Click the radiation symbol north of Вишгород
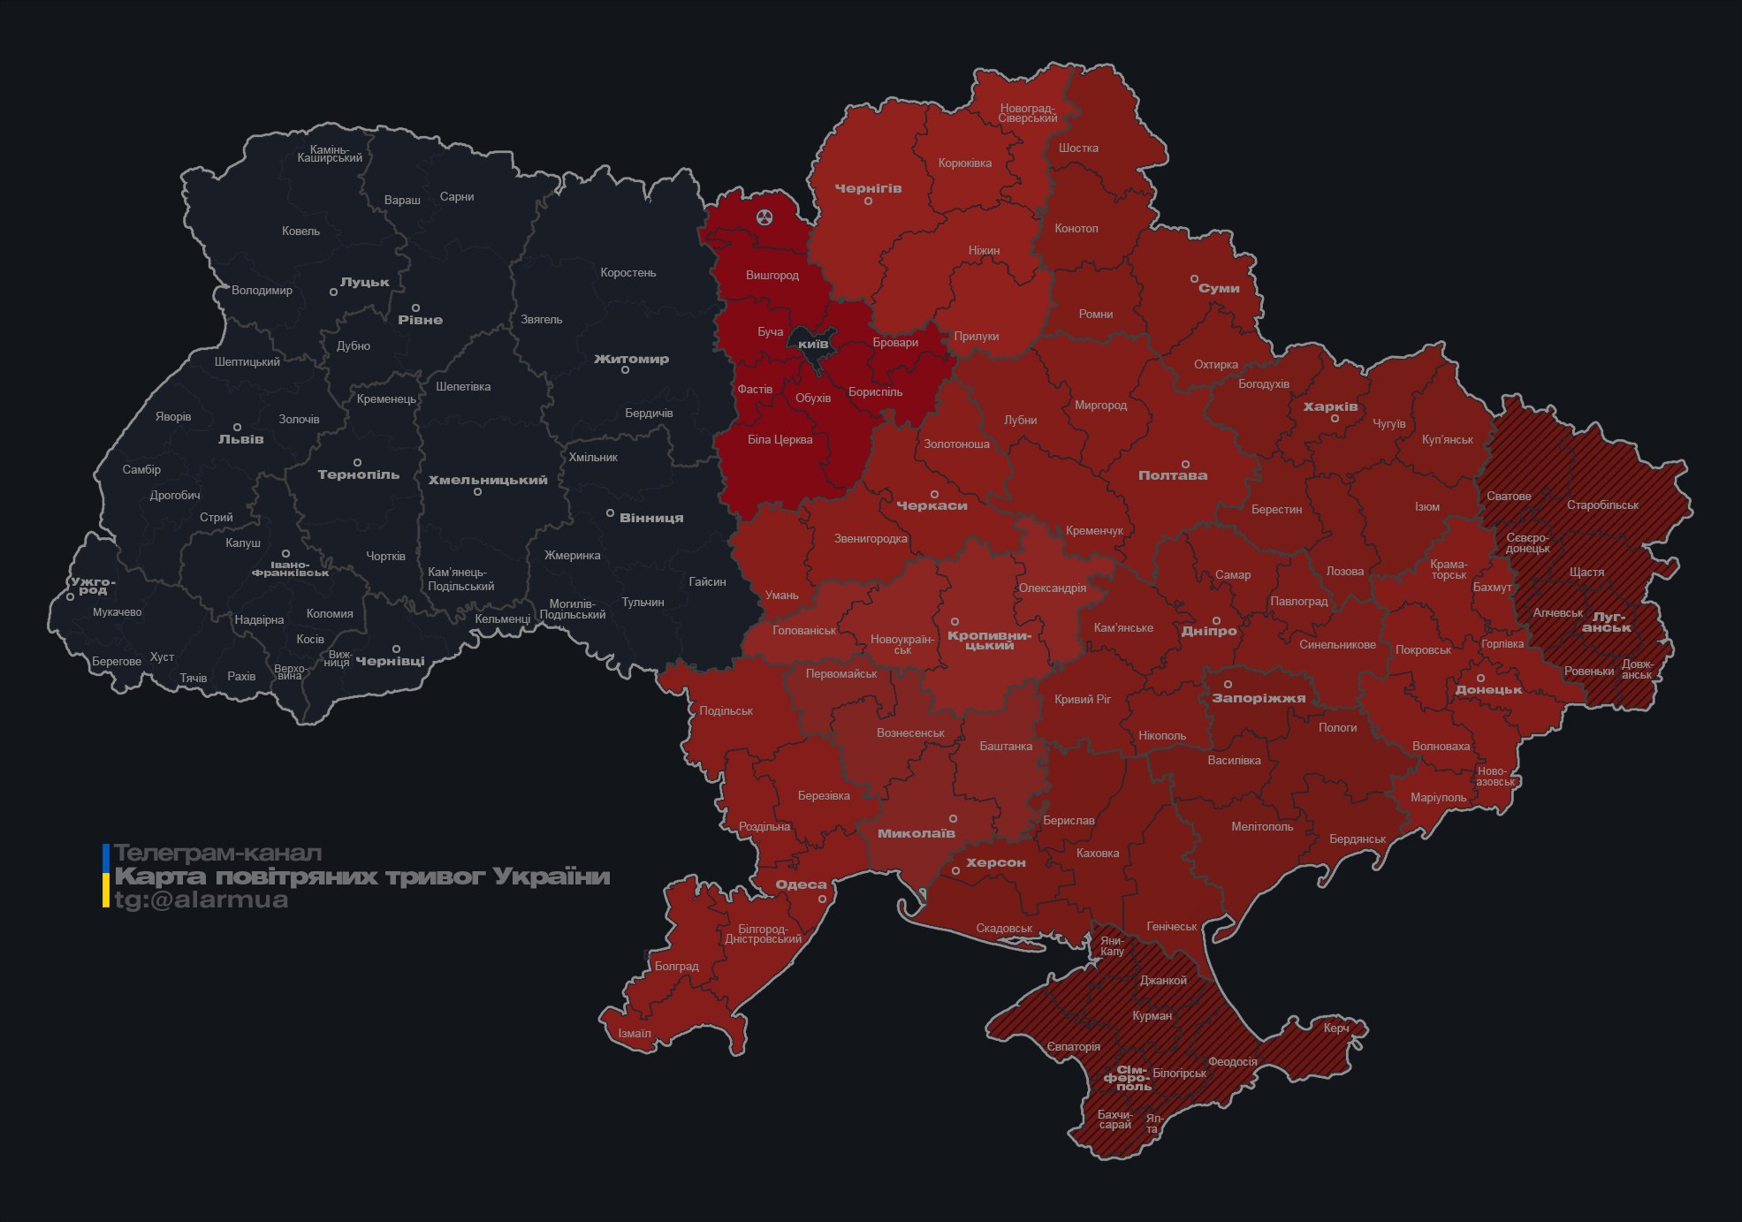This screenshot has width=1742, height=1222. pos(765,216)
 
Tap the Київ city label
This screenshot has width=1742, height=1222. pos(813,344)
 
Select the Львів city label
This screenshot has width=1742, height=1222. pos(240,439)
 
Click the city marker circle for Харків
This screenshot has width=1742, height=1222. pos(1335,419)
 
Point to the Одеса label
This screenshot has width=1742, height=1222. pos(801,884)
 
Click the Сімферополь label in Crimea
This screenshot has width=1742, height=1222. pos(1128,1078)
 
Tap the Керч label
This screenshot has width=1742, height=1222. pos(1336,1028)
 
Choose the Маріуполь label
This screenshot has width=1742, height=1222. pos(1438,797)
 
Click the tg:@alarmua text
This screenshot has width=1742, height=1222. pos(202,899)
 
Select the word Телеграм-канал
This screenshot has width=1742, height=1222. pos(217,854)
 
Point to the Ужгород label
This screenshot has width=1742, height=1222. pos(93,586)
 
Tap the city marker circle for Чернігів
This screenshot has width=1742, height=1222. pos(868,201)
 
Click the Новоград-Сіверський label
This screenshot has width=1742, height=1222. pos(1027,113)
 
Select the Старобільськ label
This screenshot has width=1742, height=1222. pos(1601,505)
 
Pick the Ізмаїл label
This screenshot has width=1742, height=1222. pos(634,1033)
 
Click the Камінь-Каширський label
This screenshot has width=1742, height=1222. pos(330,154)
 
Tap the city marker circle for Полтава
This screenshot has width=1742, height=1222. pos(1185,465)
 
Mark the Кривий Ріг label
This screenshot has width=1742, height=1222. pos(1082,699)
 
